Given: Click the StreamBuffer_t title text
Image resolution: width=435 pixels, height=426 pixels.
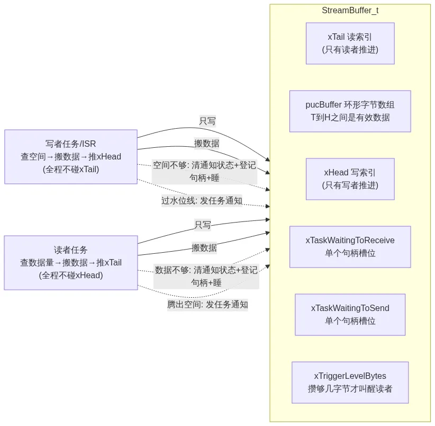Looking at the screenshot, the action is coord(350,11).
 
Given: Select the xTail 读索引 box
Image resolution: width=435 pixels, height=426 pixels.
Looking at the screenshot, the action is coord(350,43).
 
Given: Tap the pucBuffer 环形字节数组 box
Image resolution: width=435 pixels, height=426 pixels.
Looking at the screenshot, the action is coord(350,111).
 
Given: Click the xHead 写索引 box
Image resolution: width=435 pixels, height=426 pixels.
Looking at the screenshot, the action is coord(350,179).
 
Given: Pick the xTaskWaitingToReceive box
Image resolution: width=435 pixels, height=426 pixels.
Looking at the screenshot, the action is coord(350,246).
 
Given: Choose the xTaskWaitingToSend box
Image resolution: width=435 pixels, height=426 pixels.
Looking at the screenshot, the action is coord(350,315).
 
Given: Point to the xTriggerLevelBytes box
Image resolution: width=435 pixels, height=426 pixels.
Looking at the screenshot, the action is coord(350,383).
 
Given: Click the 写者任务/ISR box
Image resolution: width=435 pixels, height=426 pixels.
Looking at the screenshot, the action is coord(71,157).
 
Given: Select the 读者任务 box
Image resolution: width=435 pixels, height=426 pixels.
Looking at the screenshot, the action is coord(71,263).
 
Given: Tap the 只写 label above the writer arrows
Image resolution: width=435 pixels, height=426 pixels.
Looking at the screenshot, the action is coord(207,121).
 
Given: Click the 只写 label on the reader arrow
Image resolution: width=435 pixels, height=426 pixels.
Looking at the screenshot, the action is coord(203,225).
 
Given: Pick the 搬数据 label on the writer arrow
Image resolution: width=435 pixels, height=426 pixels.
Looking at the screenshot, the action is coord(207,144).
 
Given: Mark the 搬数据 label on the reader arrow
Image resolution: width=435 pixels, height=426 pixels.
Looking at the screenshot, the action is coord(204,248).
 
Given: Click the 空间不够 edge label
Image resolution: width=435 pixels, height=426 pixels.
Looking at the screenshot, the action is coord(204,171).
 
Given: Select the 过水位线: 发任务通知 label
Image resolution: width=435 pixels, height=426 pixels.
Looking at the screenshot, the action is coord(202,200).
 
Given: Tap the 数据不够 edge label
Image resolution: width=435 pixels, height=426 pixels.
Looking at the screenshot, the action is coord(206,276).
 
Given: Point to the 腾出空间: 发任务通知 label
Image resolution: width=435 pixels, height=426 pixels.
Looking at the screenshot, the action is coord(207,305).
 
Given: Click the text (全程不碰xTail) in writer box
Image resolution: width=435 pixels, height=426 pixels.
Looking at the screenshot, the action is coord(71,170).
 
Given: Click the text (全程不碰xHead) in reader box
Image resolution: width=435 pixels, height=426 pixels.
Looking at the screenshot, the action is coord(71,276).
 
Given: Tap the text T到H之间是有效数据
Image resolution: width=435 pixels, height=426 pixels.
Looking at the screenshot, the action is coord(350,118).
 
